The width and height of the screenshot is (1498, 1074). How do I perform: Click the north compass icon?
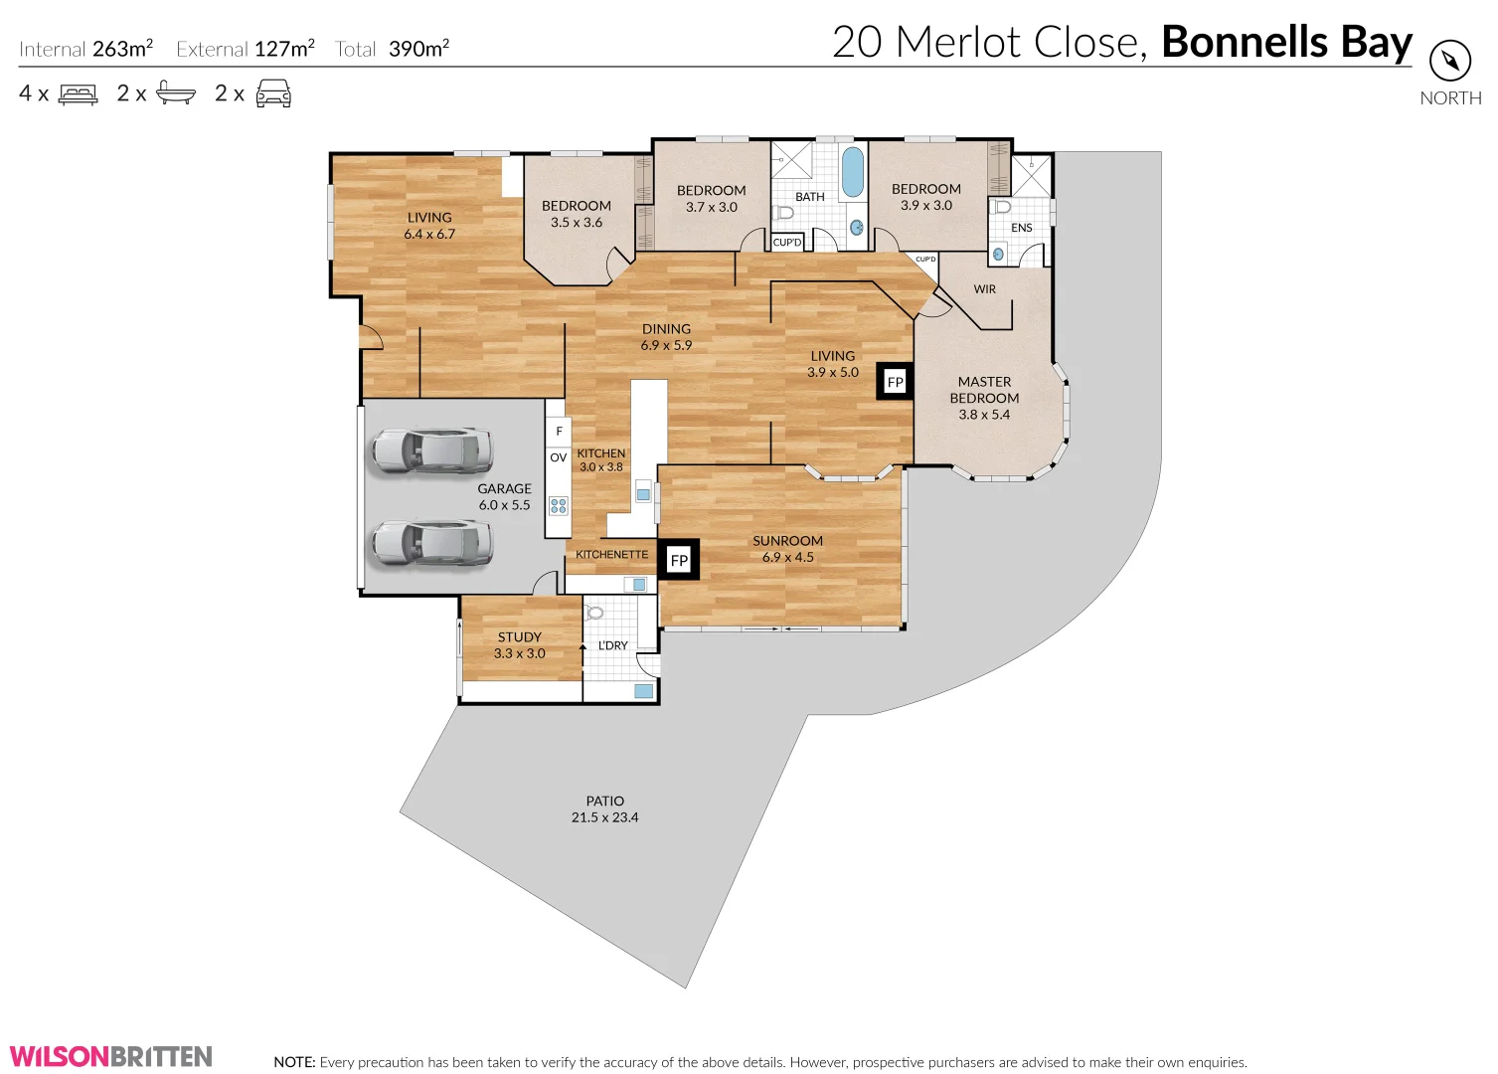tap(1450, 62)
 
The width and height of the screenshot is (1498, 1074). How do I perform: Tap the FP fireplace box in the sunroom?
tap(679, 560)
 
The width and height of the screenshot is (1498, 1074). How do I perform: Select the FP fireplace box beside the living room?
tap(895, 382)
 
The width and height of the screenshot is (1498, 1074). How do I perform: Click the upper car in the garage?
tap(431, 450)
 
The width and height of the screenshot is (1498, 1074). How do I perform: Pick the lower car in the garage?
tap(431, 543)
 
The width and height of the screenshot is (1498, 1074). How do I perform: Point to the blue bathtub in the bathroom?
tap(852, 172)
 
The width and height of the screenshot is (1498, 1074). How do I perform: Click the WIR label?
tap(984, 289)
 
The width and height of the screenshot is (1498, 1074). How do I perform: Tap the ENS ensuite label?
tap(1021, 228)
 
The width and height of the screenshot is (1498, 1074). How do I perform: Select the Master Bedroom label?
tap(984, 398)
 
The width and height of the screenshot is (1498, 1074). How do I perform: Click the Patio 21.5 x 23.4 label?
tap(604, 809)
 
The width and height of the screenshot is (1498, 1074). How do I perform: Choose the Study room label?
tap(520, 645)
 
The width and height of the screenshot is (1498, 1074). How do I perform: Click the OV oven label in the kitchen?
tap(558, 458)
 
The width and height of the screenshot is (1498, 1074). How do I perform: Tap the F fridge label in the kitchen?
tap(559, 432)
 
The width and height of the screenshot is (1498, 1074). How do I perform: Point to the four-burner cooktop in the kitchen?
tap(559, 505)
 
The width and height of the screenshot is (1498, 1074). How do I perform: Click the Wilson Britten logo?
tap(111, 1056)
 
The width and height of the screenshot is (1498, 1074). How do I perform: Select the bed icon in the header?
tap(79, 94)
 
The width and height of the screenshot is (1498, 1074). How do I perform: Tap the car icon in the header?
tap(273, 94)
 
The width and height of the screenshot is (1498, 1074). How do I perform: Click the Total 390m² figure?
tap(393, 49)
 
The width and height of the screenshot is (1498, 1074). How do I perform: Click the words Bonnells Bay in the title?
tap(1286, 43)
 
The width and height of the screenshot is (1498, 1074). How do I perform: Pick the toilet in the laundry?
tap(594, 614)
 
